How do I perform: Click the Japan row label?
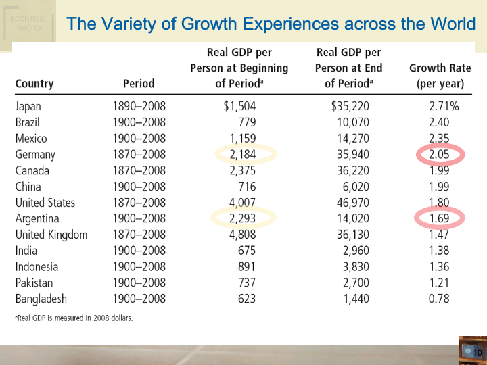(x=28, y=106)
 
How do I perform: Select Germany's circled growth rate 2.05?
(x=443, y=155)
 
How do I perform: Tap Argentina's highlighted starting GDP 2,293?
(x=242, y=219)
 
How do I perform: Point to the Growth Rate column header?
(x=440, y=76)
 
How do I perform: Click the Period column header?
(x=139, y=84)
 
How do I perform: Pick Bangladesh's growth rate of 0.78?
(x=444, y=299)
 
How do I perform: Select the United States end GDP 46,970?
(x=348, y=203)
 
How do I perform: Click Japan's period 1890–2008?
(x=139, y=106)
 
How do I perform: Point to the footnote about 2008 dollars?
(x=74, y=318)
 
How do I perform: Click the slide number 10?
(x=476, y=352)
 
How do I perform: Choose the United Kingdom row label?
(x=51, y=235)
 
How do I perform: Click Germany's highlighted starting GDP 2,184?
(x=242, y=155)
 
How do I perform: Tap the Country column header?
(x=34, y=84)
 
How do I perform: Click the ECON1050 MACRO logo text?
(x=26, y=23)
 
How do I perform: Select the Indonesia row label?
(x=37, y=267)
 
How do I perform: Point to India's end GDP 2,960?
(x=352, y=251)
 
